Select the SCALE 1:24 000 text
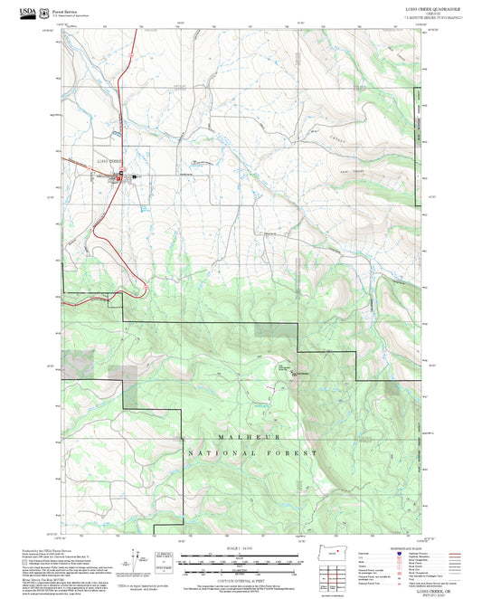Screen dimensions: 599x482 tap(241, 548)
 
